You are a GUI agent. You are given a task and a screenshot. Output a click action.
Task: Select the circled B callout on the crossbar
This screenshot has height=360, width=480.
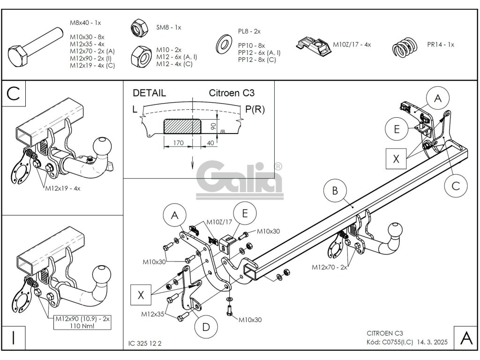tap(334, 190)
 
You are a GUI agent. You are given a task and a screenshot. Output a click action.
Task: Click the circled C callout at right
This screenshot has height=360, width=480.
tap(456, 186)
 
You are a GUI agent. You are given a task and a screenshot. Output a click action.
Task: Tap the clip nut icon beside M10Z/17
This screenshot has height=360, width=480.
tap(312, 46)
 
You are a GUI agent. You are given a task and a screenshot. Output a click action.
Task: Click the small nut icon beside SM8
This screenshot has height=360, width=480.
tap(138, 29)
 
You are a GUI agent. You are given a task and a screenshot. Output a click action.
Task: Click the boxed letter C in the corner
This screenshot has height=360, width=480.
tap(14, 94)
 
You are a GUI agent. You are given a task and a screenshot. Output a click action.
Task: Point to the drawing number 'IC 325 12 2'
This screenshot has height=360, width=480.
tap(145, 343)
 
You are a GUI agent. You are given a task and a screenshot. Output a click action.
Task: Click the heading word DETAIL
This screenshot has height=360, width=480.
tap(149, 93)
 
